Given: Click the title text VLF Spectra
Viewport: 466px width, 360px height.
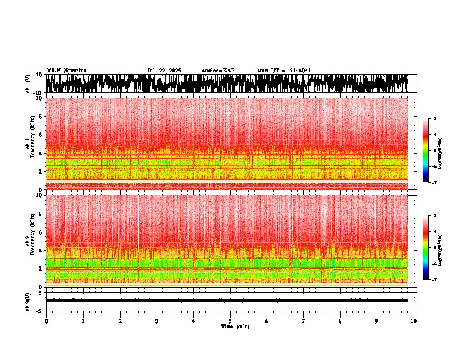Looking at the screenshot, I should (x=66, y=70).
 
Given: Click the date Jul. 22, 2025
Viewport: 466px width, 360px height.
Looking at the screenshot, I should (x=164, y=71).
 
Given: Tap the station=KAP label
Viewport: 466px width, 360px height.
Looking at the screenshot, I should (x=218, y=71).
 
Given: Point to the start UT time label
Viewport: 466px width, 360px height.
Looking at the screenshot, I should (x=284, y=71).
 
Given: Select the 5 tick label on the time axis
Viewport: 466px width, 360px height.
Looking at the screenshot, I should (x=230, y=321).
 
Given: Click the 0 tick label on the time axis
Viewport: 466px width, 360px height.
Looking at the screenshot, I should (x=46, y=321).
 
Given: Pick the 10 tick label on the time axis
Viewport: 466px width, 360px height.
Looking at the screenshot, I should (x=414, y=321).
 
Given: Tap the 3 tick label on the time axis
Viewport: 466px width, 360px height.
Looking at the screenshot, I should (x=157, y=321).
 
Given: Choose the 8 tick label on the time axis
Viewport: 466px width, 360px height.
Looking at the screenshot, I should (x=340, y=321).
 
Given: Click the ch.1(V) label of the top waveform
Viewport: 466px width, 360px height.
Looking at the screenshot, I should (x=28, y=84).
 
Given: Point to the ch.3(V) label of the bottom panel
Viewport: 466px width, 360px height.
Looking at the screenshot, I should (x=28, y=301).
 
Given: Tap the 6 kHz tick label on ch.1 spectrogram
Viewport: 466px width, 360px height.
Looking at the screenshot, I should (x=41, y=135).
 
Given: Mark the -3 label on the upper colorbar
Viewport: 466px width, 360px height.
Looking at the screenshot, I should (x=434, y=119).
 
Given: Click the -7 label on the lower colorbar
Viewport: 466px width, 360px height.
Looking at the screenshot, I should (x=434, y=280).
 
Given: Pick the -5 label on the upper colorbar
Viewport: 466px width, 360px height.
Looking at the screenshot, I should (x=434, y=151).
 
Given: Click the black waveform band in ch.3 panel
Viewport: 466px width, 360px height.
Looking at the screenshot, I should (x=229, y=301).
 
